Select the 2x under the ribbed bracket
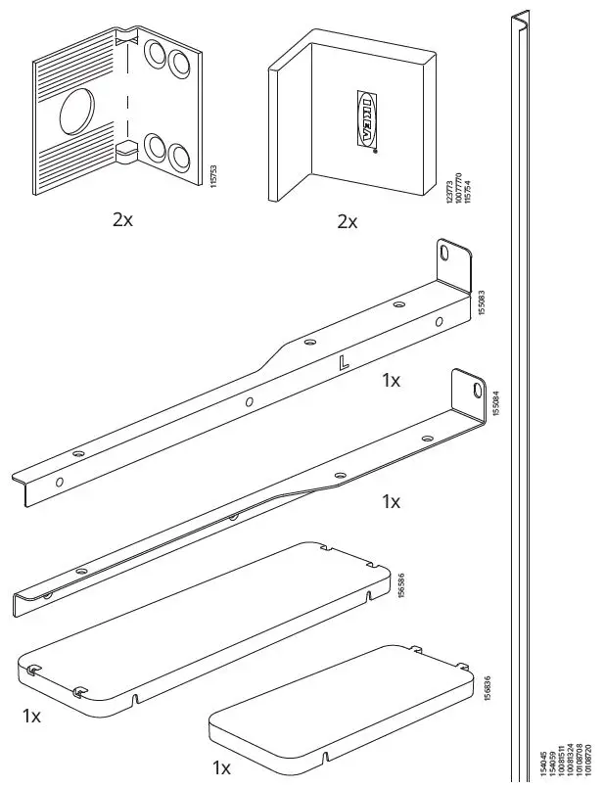pos(122,219)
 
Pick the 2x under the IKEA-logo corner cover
pos(348,222)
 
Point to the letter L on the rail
pos(342,363)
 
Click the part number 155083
pos(481,303)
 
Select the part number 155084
pos(495,403)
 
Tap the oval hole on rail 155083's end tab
pos(446,254)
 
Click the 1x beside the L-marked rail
pos(391,380)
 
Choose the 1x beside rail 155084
pos(391,501)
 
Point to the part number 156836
pos(488,689)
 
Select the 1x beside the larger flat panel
pos(32,716)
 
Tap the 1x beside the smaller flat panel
pos(223,765)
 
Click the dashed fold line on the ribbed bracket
pos(126,98)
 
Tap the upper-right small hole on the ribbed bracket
pos(179,62)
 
